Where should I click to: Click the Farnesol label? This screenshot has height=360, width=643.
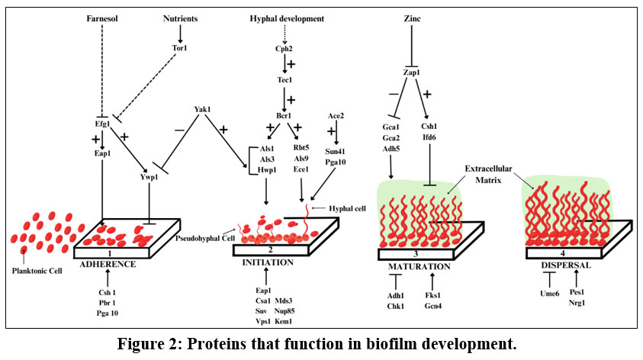click(x=101, y=18)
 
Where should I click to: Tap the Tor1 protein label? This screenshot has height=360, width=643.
click(x=180, y=49)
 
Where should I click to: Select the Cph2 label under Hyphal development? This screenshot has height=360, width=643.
click(x=285, y=49)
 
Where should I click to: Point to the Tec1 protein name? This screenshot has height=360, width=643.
click(x=285, y=80)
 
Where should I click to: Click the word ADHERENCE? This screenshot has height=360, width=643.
click(x=110, y=263)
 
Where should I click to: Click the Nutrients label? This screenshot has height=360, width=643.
click(x=181, y=18)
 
